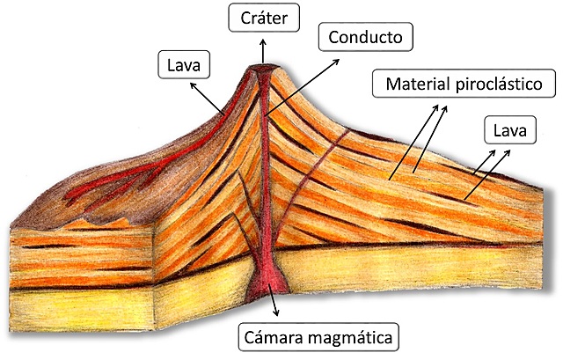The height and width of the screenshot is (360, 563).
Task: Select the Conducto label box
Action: pos(363,38)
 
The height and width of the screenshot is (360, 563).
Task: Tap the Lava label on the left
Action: pos(182,63)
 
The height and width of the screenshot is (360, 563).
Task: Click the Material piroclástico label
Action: pos(463,85)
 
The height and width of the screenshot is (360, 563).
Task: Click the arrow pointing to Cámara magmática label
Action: pos(276,305)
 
